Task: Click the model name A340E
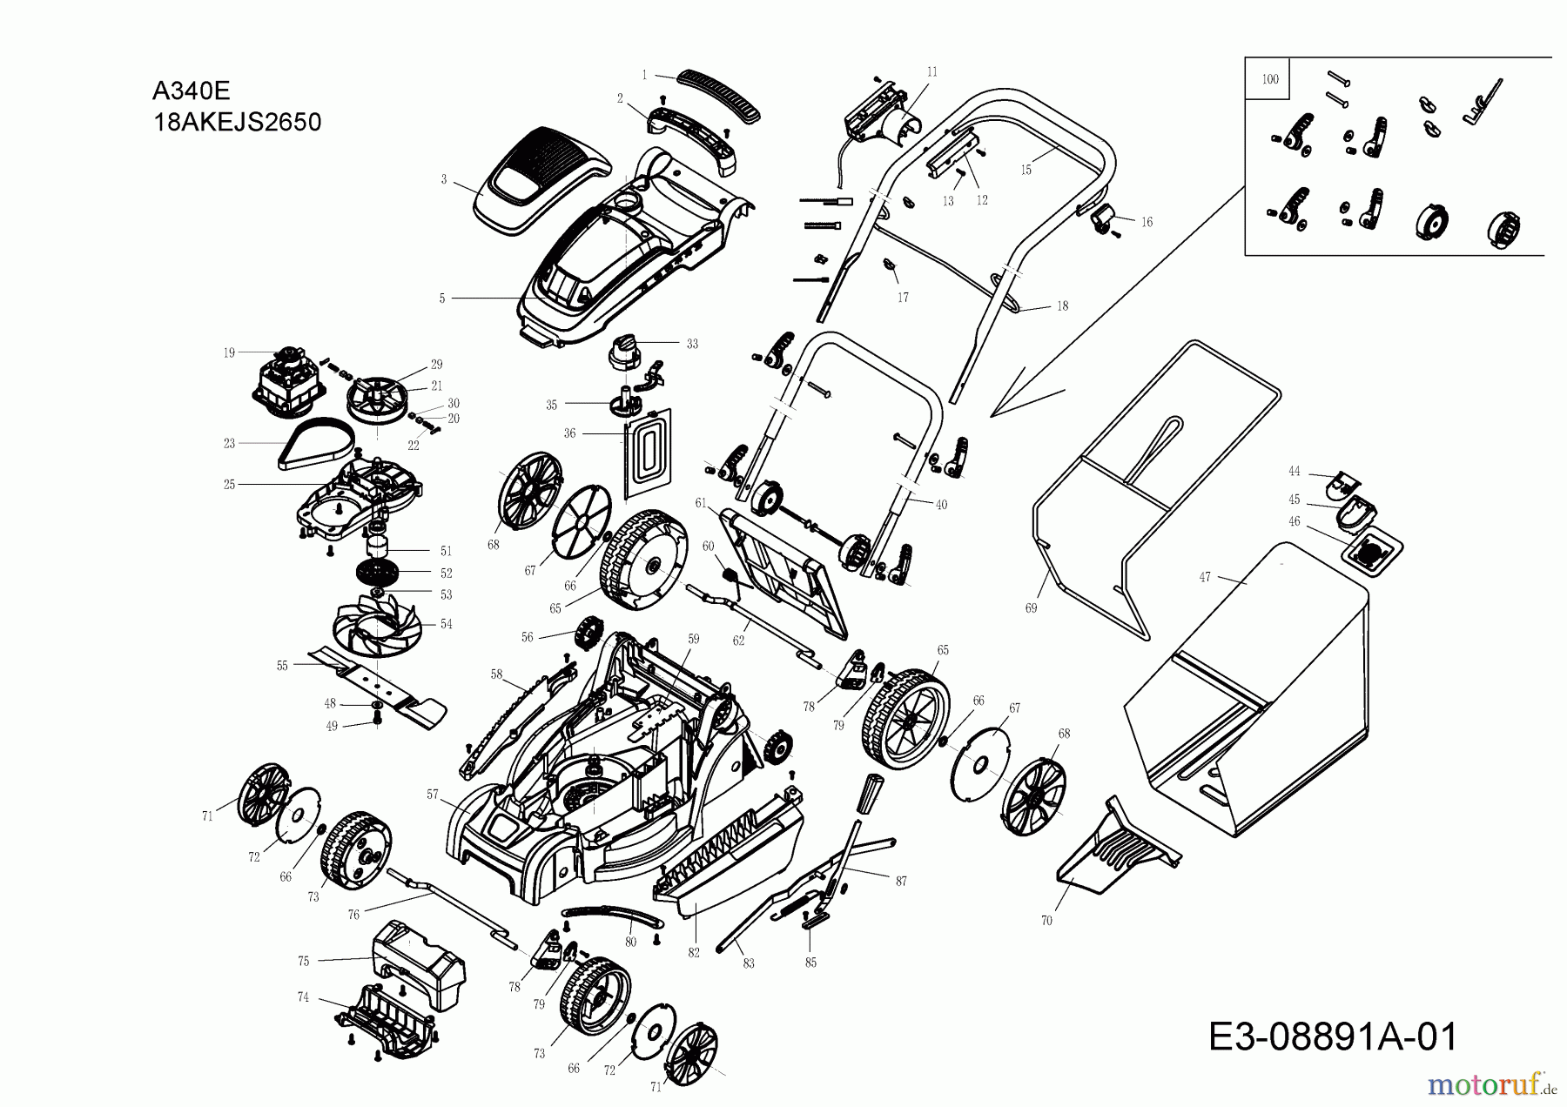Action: tap(191, 91)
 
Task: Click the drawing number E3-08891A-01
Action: tap(1333, 1037)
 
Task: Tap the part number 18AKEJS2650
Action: tap(237, 122)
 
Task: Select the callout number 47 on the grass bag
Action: tap(1205, 577)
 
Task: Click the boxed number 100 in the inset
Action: tap(1269, 79)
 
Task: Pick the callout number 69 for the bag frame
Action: tap(1031, 608)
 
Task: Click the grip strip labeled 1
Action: tap(719, 92)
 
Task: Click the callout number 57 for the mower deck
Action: tap(433, 794)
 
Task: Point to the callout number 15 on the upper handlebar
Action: tap(1026, 170)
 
